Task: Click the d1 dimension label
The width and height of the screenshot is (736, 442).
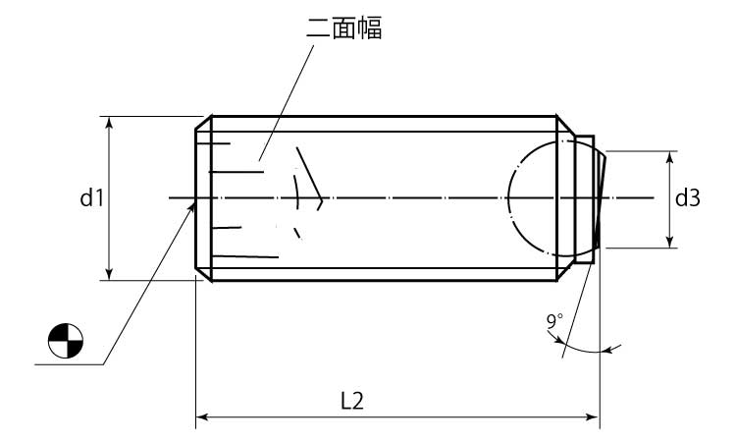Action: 91,197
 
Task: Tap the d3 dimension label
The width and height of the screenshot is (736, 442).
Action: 687,198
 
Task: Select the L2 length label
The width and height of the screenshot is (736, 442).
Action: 351,401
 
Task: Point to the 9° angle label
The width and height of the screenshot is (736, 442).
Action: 553,321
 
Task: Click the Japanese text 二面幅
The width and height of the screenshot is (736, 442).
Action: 344,28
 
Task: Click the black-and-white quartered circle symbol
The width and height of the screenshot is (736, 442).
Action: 66,341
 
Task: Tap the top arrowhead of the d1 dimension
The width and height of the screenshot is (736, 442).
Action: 109,122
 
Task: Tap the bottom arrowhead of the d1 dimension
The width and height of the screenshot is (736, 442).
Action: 109,274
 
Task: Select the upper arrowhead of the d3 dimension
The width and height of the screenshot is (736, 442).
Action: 670,157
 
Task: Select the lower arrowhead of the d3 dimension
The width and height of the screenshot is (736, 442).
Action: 670,242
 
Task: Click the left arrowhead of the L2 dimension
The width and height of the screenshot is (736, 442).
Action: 202,416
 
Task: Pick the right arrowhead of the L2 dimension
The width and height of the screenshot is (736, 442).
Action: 593,416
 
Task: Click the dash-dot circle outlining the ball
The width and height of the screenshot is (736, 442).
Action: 508,197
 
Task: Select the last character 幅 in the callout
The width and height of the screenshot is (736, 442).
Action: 370,28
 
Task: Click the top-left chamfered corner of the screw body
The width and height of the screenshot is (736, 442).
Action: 203,122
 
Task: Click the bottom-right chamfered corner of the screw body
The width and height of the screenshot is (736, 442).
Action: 565,274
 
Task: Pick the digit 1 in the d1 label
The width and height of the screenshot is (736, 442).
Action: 99,197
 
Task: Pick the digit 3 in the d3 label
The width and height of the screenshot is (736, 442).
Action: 694,198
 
